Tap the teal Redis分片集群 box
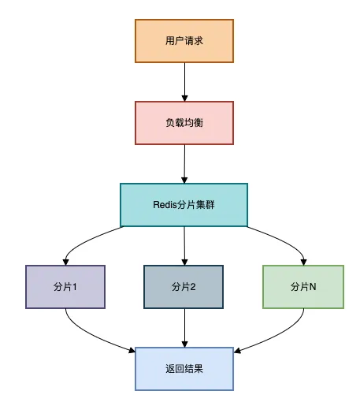click(x=184, y=204)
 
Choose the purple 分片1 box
click(x=65, y=286)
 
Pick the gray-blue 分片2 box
click(x=184, y=286)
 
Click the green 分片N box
click(x=303, y=286)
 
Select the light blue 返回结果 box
click(x=184, y=368)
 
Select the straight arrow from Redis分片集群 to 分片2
click(x=184, y=244)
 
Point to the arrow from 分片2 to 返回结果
click(x=184, y=327)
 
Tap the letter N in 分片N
click(x=313, y=287)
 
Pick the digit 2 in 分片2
click(x=193, y=287)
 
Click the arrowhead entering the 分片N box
click(x=303, y=261)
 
